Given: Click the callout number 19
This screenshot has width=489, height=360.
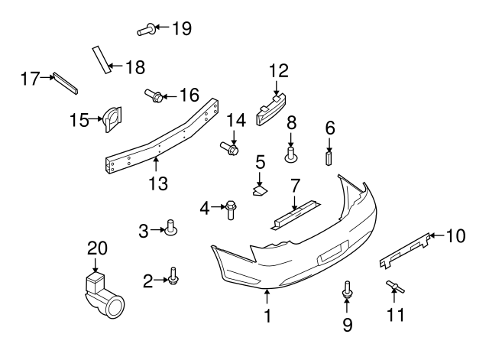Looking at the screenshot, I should click(181, 29).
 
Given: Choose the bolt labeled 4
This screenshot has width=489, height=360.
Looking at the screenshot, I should click(230, 208).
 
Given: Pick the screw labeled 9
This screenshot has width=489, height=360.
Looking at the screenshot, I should click(348, 291).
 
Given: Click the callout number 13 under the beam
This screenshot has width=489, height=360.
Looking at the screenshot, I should click(157, 183).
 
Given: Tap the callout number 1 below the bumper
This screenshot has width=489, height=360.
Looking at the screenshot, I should click(267, 315).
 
